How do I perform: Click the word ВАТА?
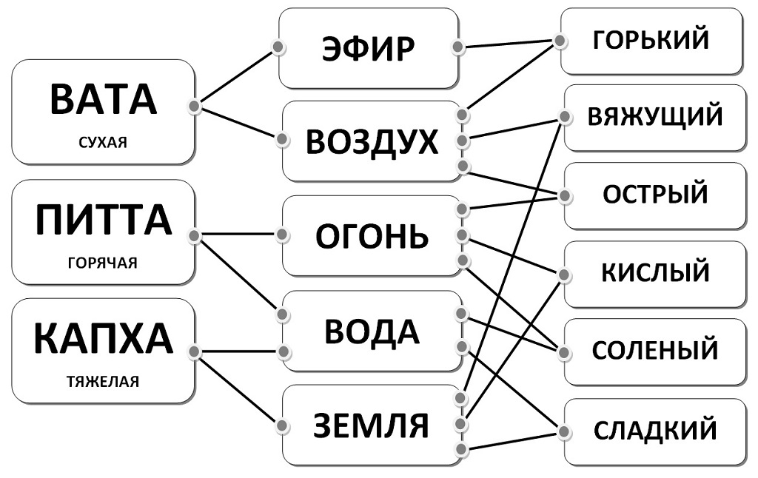click(103, 99)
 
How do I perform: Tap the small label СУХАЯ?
click(103, 142)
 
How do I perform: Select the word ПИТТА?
click(103, 220)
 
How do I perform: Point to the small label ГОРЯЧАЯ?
click(103, 263)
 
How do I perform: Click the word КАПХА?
click(103, 339)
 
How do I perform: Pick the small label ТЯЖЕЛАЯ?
click(103, 382)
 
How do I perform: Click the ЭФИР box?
click(367, 49)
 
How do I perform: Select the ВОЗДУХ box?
click(372, 141)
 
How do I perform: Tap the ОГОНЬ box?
click(372, 236)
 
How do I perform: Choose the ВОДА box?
click(372, 331)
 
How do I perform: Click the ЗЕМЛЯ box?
click(372, 425)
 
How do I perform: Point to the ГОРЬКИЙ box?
click(651, 41)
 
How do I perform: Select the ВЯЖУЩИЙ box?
click(654, 117)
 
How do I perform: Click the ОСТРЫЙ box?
click(654, 195)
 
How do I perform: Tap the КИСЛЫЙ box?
click(654, 272)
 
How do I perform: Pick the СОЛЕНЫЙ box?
click(654, 350)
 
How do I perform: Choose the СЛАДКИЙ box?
click(654, 430)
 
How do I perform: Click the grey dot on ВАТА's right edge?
click(194, 107)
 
